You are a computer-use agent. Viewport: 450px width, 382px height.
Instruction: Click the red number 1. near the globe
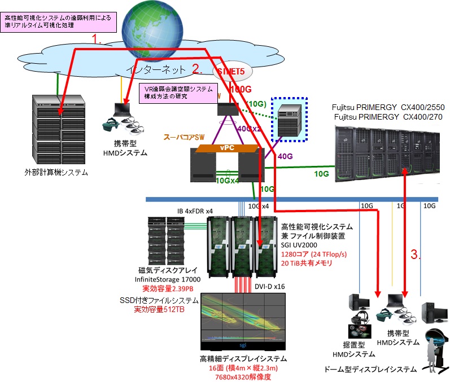98,39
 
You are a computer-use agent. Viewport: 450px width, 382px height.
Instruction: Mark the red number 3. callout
416,254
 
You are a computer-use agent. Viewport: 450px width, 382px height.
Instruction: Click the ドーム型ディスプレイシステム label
370,370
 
